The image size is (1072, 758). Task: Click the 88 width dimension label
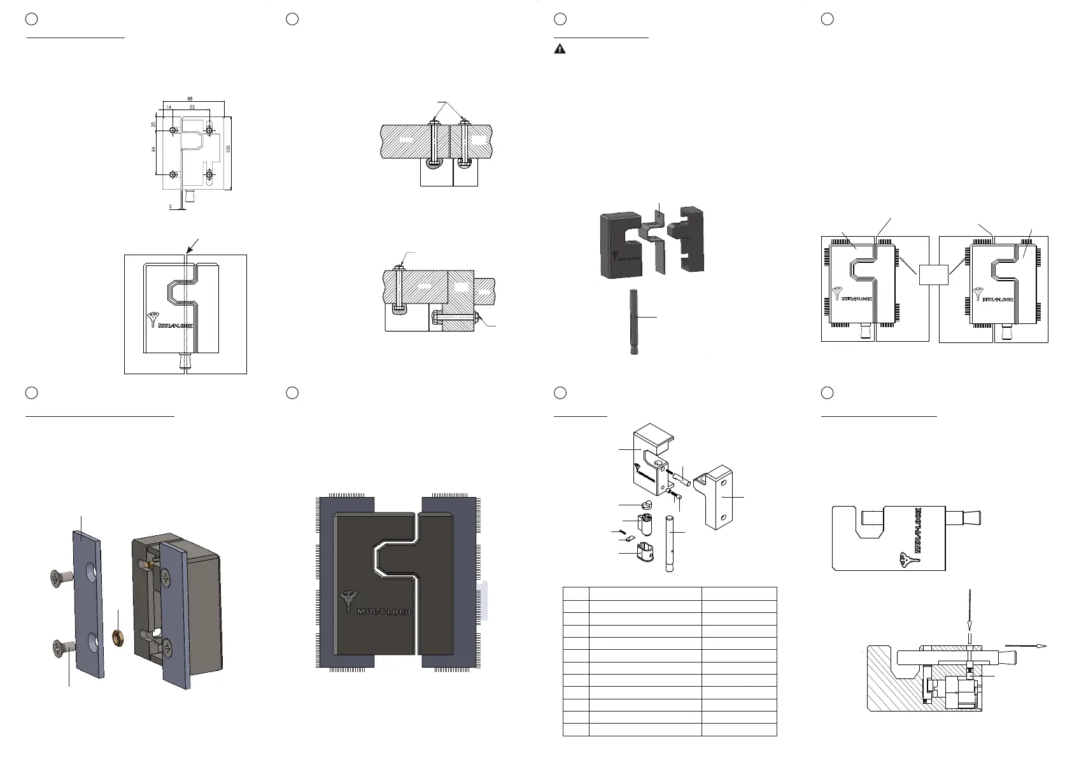(190, 99)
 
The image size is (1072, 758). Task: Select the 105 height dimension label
(228, 148)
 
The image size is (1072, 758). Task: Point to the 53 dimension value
(192, 108)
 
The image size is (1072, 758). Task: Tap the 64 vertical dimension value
(154, 149)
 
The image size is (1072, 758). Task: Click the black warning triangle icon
(560, 49)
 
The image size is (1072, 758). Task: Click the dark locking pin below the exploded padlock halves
(633, 321)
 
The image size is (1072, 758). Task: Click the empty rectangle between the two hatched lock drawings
(934, 276)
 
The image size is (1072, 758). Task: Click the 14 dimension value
(168, 108)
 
